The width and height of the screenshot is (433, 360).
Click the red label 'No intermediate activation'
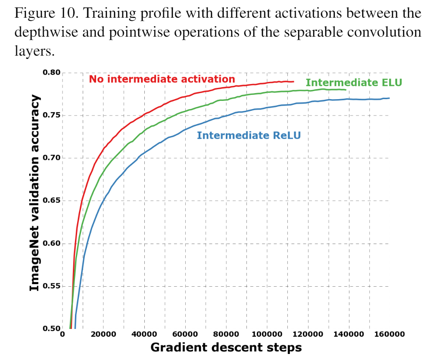pyautogui.click(x=162, y=79)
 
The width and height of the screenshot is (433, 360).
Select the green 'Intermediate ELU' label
pyautogui.click(x=354, y=83)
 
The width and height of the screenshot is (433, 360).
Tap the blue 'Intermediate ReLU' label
pyautogui.click(x=249, y=135)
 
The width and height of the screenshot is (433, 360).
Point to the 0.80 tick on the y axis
pyautogui.click(x=51, y=72)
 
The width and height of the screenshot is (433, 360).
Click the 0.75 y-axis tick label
pyautogui.click(x=51, y=115)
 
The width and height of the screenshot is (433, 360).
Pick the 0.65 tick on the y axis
pyautogui.click(x=51, y=200)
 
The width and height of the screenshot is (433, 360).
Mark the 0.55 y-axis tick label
pyautogui.click(x=51, y=286)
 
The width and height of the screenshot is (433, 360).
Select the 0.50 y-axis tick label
pyautogui.click(x=51, y=329)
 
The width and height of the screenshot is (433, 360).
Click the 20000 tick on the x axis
pyautogui.click(x=103, y=334)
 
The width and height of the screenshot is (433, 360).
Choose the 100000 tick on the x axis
pyautogui.click(x=267, y=334)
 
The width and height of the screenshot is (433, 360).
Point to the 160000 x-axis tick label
pyautogui.click(x=389, y=334)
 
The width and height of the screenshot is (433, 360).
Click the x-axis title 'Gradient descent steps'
pyautogui.click(x=226, y=347)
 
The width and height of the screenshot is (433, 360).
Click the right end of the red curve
pyautogui.click(x=293, y=81)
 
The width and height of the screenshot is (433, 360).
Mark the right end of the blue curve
pyautogui.click(x=389, y=98)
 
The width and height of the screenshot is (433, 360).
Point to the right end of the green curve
pyautogui.click(x=346, y=90)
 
